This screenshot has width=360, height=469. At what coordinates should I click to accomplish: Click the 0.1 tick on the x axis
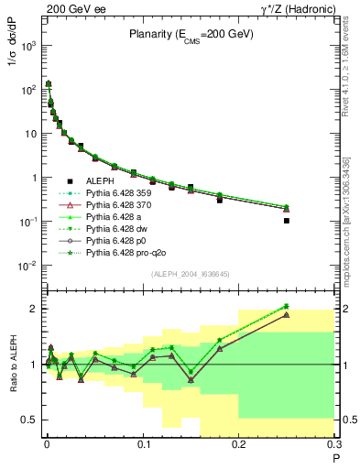[143, 448]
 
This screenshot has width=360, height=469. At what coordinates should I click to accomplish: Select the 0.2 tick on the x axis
[239, 448]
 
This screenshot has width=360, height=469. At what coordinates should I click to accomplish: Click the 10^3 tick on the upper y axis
[27, 44]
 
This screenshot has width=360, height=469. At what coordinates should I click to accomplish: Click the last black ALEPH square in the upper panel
[287, 221]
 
